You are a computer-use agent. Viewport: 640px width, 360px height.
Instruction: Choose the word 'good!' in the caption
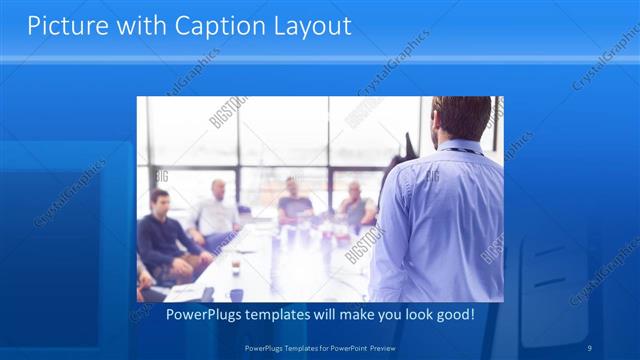point(454,316)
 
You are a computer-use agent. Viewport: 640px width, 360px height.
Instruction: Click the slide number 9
point(590,347)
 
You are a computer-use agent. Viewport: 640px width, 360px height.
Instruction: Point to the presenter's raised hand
point(406,146)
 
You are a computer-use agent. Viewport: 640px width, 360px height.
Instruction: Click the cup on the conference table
point(236,265)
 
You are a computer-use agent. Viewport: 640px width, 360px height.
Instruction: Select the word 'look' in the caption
point(409,316)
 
